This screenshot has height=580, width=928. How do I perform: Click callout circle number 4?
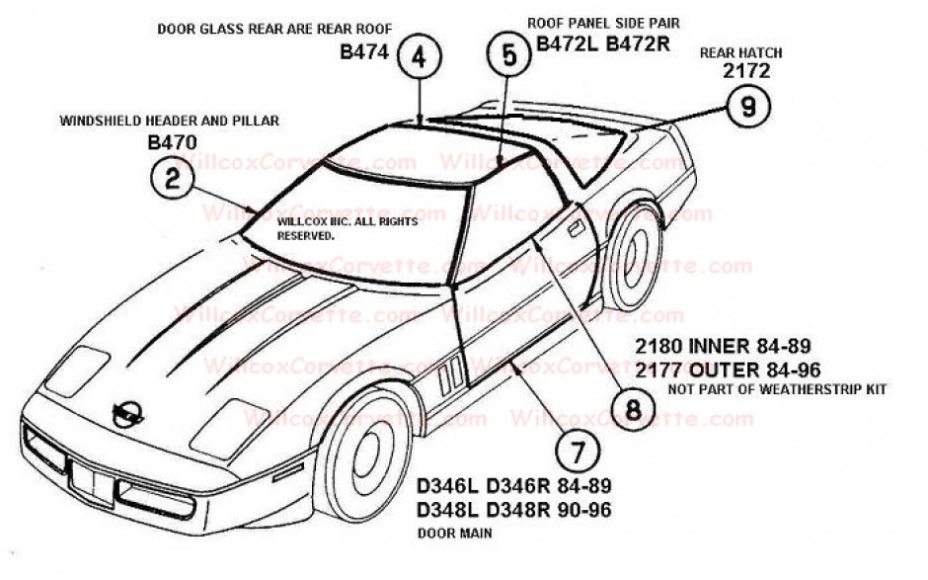click(419, 57)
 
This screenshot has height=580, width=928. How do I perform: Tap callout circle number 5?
click(509, 55)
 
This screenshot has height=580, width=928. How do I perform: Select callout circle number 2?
click(172, 180)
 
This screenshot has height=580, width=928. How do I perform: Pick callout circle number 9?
click(747, 108)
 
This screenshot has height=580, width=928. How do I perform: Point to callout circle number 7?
click(578, 452)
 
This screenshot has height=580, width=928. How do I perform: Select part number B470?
click(172, 141)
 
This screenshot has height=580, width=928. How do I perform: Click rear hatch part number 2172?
click(745, 71)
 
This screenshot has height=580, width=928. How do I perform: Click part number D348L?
click(449, 510)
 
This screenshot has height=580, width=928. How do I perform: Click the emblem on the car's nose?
click(125, 414)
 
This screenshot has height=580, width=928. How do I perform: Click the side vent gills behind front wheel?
click(448, 373)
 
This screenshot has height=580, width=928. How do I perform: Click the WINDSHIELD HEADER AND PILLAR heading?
click(170, 121)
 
